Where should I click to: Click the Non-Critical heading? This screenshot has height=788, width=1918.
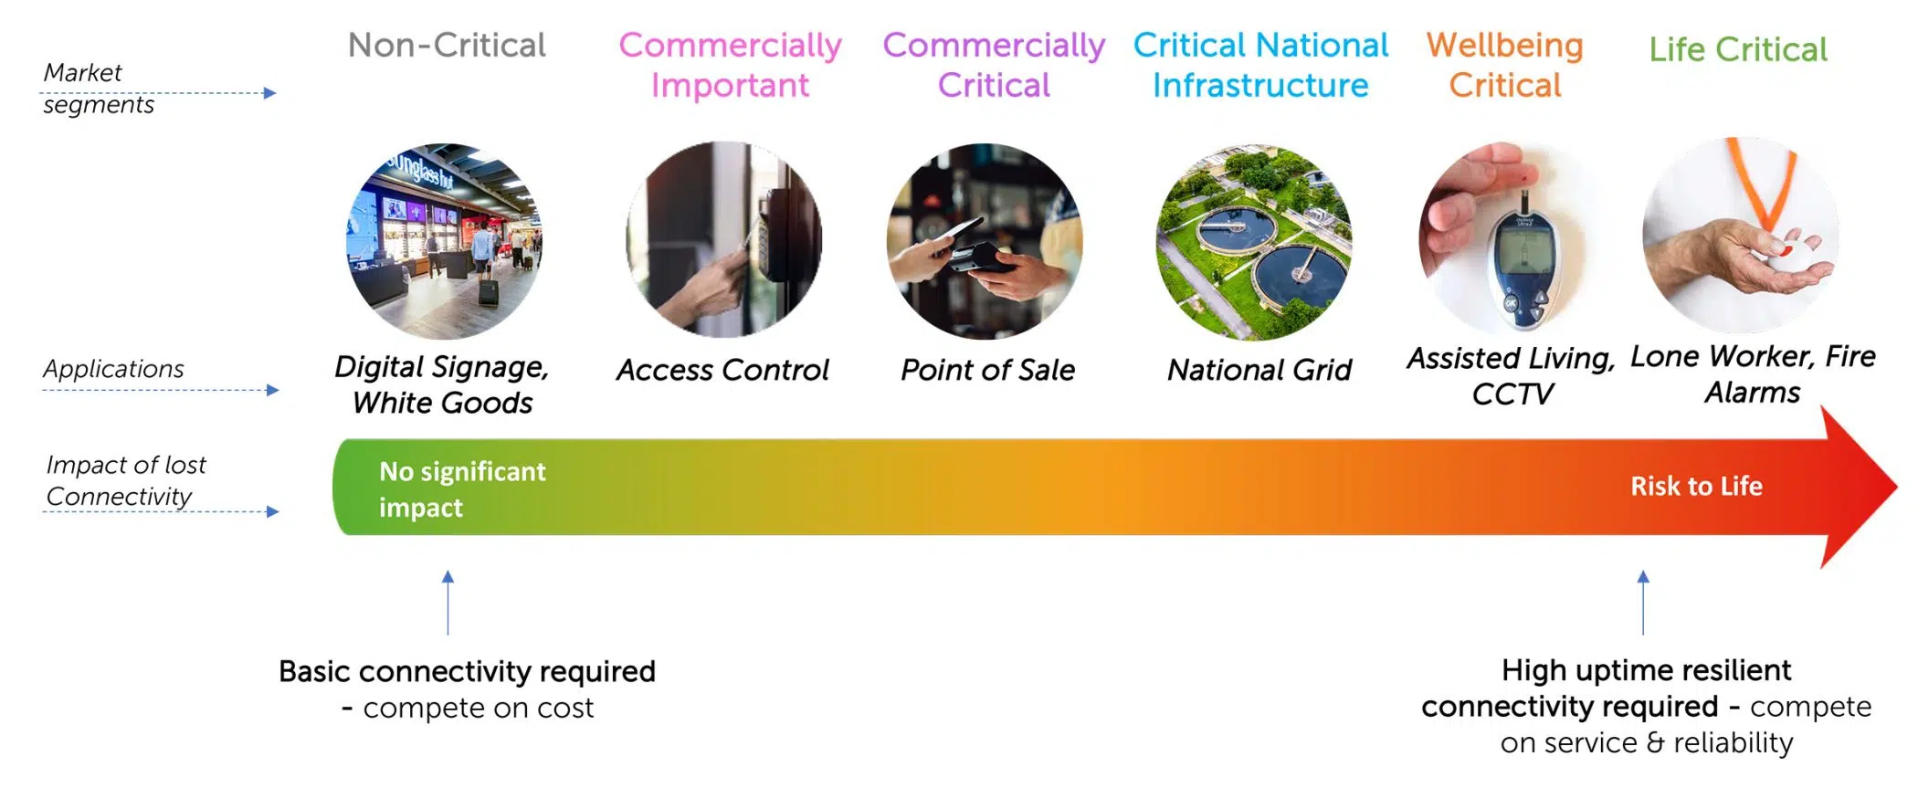coord(447,45)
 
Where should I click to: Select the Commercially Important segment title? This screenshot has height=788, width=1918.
coord(730,65)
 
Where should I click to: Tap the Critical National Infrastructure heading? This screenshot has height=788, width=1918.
coord(1260,65)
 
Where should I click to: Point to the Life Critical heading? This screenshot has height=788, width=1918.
coord(1738,49)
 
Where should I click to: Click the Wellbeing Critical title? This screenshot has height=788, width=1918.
coord(1505,65)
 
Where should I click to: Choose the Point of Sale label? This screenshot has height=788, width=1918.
coord(987,370)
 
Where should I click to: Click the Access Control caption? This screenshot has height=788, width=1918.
coord(722,370)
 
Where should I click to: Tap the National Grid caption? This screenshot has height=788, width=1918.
coord(1259,370)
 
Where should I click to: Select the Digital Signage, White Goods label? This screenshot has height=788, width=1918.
coord(442,384)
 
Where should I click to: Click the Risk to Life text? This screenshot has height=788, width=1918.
coord(1697,486)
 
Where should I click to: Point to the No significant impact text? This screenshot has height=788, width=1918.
coord(462,489)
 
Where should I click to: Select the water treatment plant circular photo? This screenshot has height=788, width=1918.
coord(1254,242)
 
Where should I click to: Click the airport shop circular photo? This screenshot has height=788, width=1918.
coord(445,241)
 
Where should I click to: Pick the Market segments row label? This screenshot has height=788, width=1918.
coord(99,89)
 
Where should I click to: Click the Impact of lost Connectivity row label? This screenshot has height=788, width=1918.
coord(126,480)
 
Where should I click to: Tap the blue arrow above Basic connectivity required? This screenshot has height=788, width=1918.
coord(448,603)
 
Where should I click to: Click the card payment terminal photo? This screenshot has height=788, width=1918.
coord(985,241)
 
